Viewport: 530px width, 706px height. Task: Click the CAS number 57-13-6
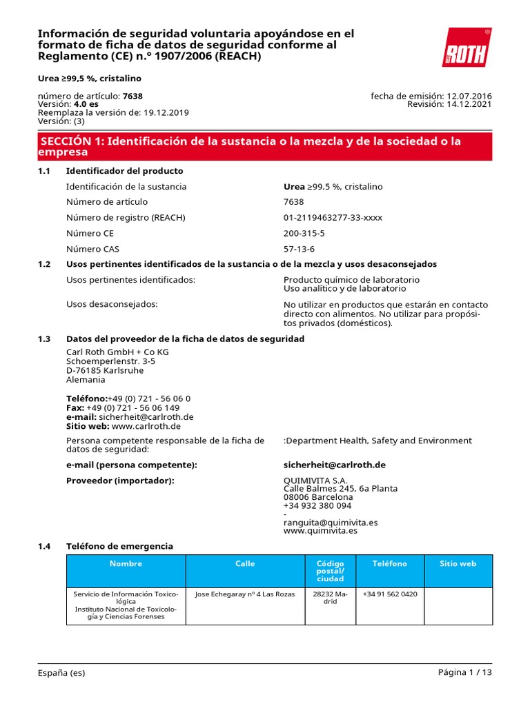(299, 249)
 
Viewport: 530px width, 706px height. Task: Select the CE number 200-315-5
(304, 233)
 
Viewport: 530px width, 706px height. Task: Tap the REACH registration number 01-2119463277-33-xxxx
(333, 217)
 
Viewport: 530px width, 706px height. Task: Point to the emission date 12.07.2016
(469, 96)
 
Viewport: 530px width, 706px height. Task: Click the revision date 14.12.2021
(469, 104)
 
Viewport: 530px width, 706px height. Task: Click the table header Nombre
(126, 564)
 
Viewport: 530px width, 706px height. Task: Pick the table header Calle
(245, 564)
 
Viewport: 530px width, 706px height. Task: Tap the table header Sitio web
(458, 564)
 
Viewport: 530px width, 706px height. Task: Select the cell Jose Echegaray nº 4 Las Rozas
(245, 594)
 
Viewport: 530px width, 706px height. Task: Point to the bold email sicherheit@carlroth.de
(334, 465)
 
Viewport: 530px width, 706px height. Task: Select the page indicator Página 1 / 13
(465, 673)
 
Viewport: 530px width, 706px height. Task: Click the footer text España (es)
(61, 673)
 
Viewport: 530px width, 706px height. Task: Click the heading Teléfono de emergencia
(119, 546)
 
